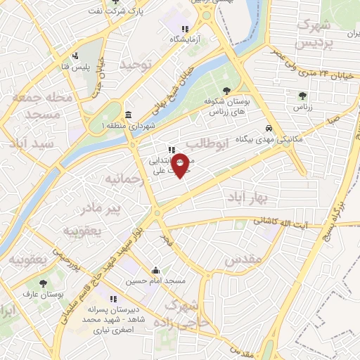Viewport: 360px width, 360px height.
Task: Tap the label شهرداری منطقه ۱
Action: pos(128,125)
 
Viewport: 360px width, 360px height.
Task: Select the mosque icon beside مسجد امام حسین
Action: pos(155,271)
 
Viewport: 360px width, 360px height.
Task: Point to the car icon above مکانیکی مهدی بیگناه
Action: pos(269,128)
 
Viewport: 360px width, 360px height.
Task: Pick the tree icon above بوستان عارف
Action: pos(44,283)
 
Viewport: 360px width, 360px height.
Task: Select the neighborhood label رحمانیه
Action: pos(124,180)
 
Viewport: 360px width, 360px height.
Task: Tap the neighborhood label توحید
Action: pos(136,65)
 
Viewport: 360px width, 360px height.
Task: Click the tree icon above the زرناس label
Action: pos(302,96)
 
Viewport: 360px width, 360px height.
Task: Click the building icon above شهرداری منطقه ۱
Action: pos(129,115)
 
